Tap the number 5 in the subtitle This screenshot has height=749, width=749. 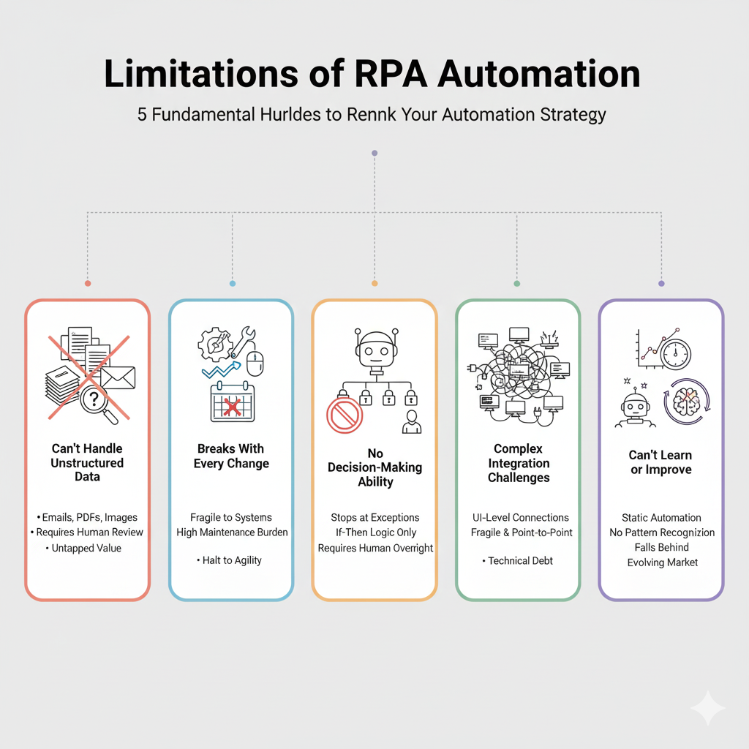pos(142,116)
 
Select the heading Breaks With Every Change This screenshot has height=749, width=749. pos(231,456)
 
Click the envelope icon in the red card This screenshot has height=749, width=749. pos(117,377)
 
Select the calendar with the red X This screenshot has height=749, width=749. pos(232,402)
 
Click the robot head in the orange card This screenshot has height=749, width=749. pos(374,348)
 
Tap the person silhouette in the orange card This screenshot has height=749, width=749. pos(412,422)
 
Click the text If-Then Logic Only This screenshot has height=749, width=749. pos(374,533)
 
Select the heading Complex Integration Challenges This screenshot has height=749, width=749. pos(519,463)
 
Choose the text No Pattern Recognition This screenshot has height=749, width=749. pos(661,532)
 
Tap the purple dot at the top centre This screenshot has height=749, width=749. pos(374,153)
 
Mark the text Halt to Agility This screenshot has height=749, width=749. pos(231,560)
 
